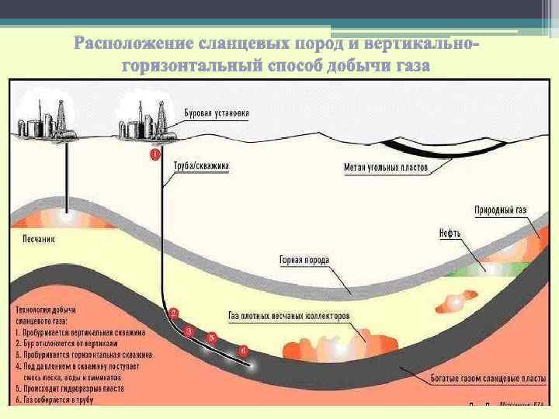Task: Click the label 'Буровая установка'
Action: click(x=217, y=113)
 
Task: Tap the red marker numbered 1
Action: click(x=155, y=155)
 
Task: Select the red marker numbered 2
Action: click(x=174, y=313)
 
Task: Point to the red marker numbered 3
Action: click(x=189, y=331)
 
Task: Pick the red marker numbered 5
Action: click(x=211, y=338)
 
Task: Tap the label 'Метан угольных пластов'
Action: click(x=386, y=166)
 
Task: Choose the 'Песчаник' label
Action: click(x=31, y=239)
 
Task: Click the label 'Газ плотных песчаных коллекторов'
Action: click(x=289, y=317)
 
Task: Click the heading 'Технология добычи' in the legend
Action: click(x=46, y=310)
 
